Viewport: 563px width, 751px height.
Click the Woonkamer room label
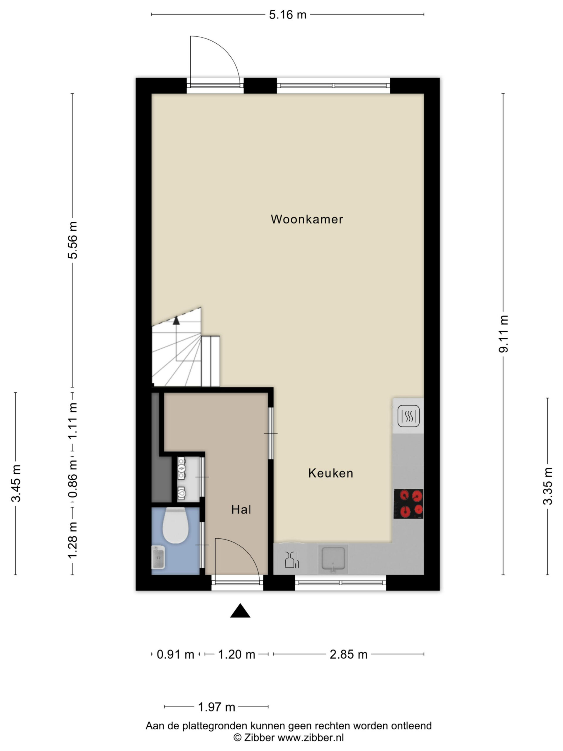coord(307,219)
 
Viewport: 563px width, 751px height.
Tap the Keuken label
coord(330,473)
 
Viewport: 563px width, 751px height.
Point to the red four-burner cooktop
coord(408,504)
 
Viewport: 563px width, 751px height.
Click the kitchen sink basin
coord(333,559)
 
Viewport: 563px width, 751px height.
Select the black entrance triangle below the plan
coord(240,611)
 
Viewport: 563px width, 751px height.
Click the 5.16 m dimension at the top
coord(288,15)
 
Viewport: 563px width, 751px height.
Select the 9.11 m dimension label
coord(503,334)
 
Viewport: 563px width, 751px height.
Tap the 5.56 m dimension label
coord(73,240)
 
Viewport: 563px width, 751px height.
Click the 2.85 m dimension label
coord(349,654)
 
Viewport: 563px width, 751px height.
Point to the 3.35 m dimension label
coord(548,486)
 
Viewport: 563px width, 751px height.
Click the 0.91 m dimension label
coord(175,654)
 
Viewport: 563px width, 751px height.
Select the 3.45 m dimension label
coord(16,483)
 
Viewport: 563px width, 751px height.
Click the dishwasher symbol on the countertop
coord(292,560)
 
